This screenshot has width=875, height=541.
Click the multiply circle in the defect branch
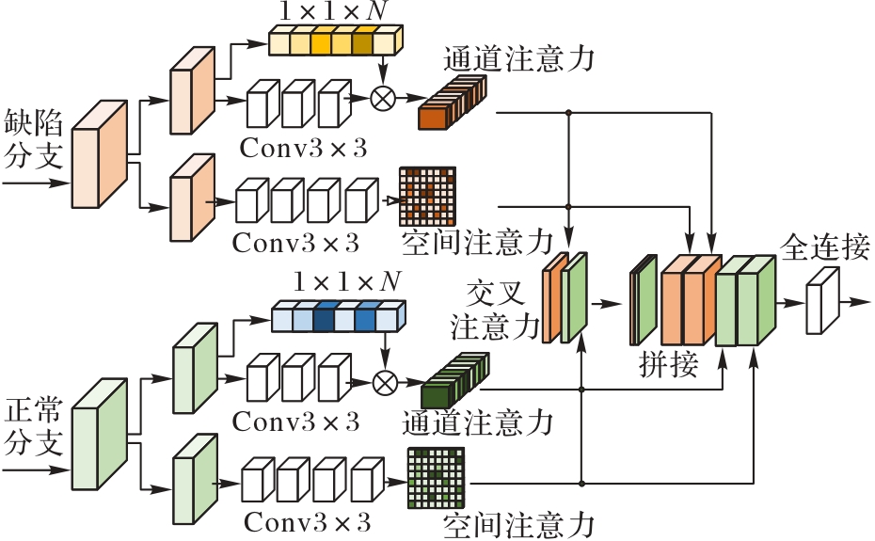point(383,99)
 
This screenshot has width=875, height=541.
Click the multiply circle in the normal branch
point(383,382)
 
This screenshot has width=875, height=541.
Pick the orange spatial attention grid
point(427,195)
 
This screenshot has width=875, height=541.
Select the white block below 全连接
point(821,302)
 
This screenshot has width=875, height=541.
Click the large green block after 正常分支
point(99,436)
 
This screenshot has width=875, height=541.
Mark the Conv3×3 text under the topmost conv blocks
point(304,150)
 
